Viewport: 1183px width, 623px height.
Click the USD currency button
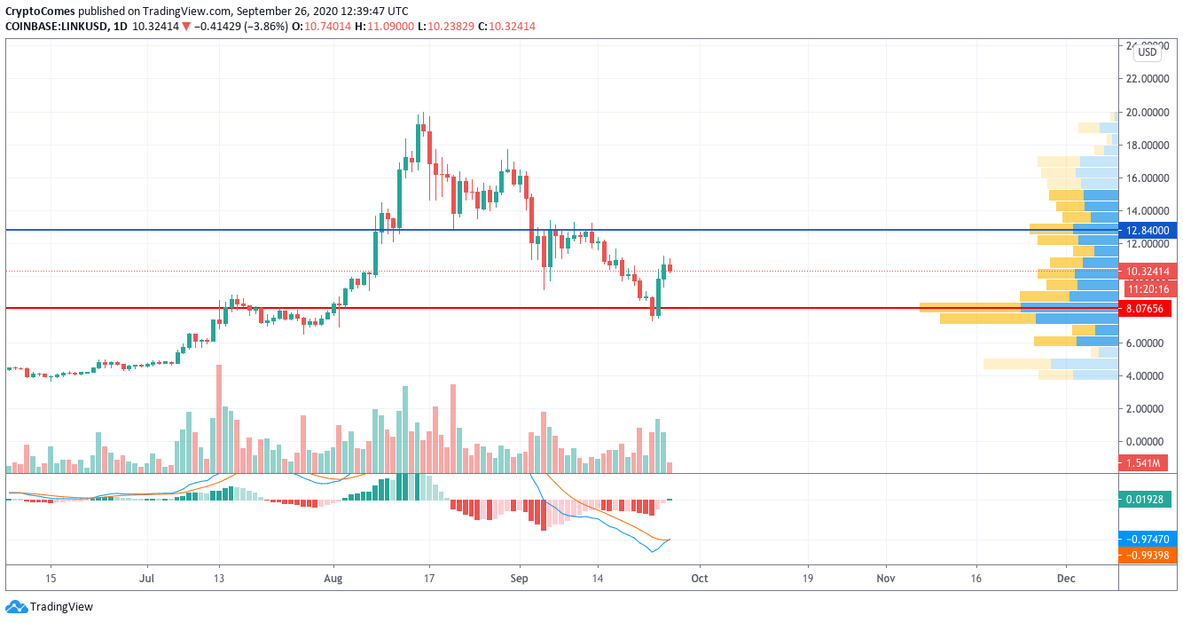[x=1148, y=52]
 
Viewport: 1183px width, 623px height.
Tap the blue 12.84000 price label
[x=1148, y=231]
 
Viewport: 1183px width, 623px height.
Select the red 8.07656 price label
[x=1148, y=309]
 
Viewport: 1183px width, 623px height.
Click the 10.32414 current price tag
[x=1148, y=272]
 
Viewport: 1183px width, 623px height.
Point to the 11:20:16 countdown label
[x=1148, y=288]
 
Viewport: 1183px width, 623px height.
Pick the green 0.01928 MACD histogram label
[x=1148, y=499]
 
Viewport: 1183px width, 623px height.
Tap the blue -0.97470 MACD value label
[x=1148, y=539]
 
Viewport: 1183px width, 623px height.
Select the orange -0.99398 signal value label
[x=1148, y=556]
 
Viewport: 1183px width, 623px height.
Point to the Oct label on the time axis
[x=699, y=578]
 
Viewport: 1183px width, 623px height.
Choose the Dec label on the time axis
[x=1066, y=578]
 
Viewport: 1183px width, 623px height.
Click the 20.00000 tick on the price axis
[x=1148, y=113]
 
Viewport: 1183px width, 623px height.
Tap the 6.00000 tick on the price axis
[x=1148, y=343]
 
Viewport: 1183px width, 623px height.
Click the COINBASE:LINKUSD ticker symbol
[x=56, y=27]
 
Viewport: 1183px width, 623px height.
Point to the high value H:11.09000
[x=383, y=27]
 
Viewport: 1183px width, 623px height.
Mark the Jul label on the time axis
[x=147, y=578]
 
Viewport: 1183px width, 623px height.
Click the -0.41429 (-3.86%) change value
[x=239, y=27]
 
